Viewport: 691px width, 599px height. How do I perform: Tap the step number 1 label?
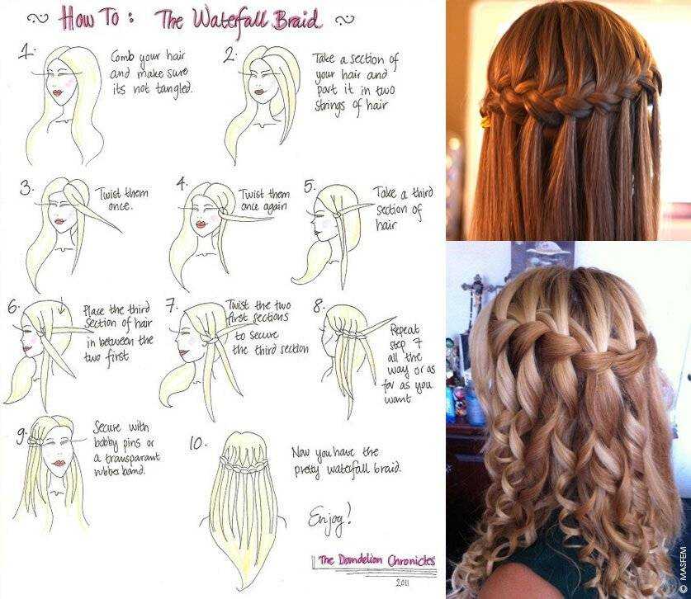click(27, 53)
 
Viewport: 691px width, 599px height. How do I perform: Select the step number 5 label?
click(310, 186)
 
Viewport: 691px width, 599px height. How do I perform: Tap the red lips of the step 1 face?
click(58, 93)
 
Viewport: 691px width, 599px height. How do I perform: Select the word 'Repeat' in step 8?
click(405, 329)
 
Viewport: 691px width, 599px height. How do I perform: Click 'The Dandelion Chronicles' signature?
click(376, 561)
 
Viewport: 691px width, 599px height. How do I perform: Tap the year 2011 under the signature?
click(401, 582)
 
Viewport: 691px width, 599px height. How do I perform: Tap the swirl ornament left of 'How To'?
click(37, 19)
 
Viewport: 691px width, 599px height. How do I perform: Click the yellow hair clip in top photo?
click(485, 120)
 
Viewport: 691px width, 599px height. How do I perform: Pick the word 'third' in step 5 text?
click(422, 193)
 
